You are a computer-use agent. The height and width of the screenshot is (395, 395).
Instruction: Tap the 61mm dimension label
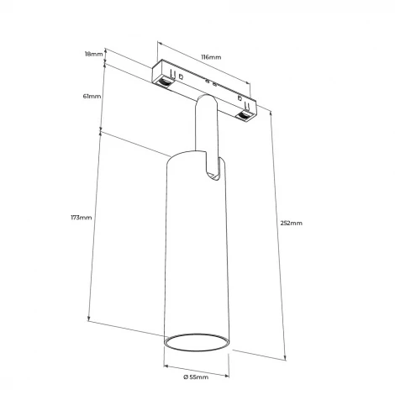[92, 97]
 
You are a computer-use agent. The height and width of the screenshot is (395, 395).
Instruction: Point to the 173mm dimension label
[81, 218]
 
